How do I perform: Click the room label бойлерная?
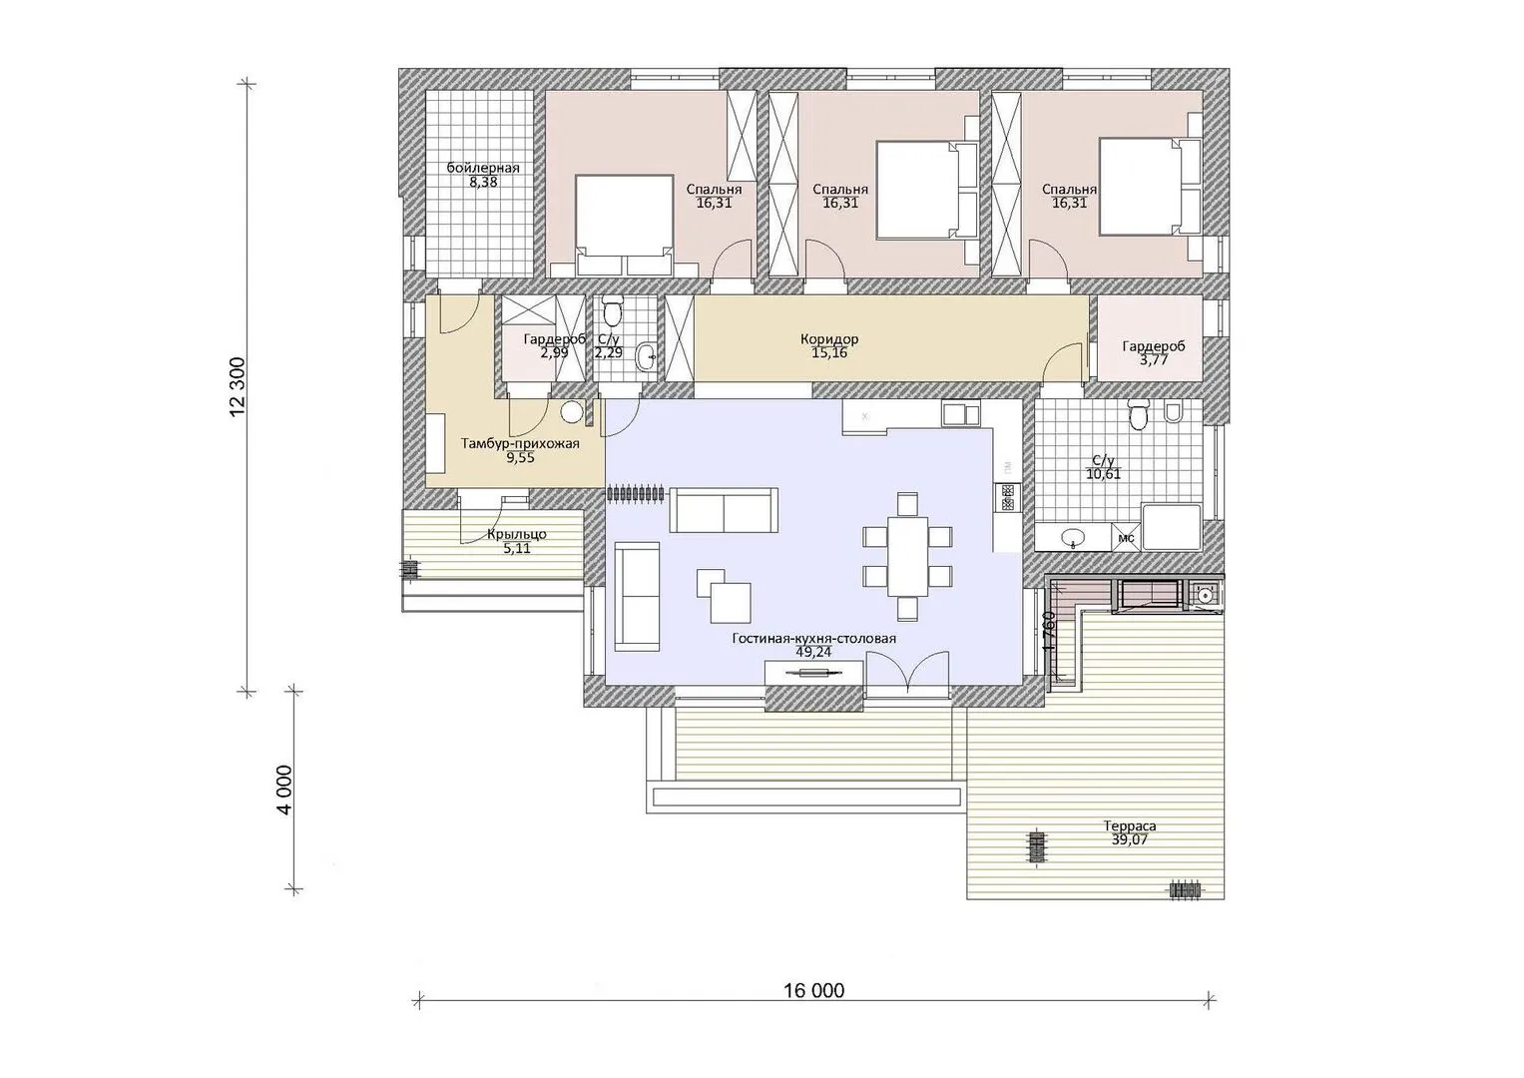483,168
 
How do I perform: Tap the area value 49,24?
813,652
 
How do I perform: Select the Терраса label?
1130,826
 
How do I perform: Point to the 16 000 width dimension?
813,990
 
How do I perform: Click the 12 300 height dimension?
238,387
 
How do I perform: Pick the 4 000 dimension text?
284,791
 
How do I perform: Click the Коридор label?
829,339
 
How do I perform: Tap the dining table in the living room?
907,556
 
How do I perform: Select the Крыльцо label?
517,535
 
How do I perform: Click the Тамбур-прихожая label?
520,444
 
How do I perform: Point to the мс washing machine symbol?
1126,538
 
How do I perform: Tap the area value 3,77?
1154,360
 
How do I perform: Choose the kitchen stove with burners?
1008,497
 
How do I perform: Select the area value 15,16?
829,352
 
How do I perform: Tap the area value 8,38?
483,182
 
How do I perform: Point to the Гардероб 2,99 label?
555,345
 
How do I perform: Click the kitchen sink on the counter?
961,414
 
